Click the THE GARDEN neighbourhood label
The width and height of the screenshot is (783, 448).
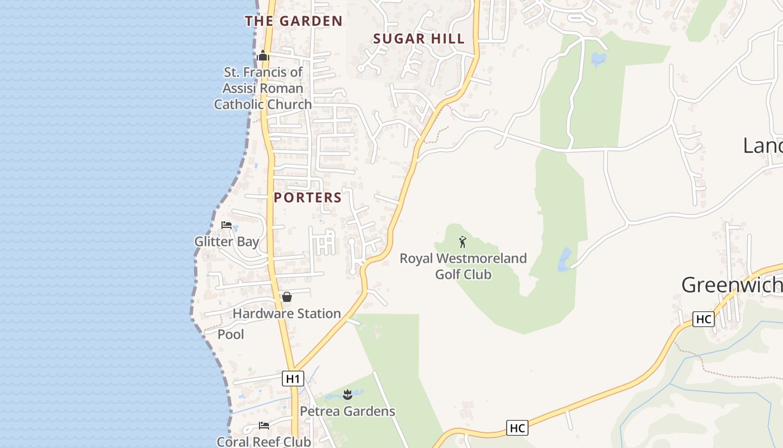pyautogui.click(x=294, y=21)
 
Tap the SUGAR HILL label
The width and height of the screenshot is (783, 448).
pyautogui.click(x=419, y=39)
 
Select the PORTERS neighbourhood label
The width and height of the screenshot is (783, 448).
pyautogui.click(x=308, y=198)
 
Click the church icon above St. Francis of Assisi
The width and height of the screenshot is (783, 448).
pyautogui.click(x=263, y=55)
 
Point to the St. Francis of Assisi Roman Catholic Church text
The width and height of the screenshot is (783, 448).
pyautogui.click(x=263, y=88)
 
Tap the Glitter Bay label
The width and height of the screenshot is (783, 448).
pyautogui.click(x=227, y=242)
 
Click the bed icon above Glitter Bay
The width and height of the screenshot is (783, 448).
pyautogui.click(x=227, y=225)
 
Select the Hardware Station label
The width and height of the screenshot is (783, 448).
pyautogui.click(x=286, y=314)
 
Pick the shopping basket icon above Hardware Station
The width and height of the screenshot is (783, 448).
pyautogui.click(x=287, y=297)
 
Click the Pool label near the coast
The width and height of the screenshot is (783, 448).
pyautogui.click(x=230, y=334)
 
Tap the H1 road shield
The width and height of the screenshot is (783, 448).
pyautogui.click(x=293, y=379)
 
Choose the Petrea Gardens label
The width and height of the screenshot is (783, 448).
pyautogui.click(x=347, y=411)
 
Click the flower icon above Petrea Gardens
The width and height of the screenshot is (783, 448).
pyautogui.click(x=347, y=395)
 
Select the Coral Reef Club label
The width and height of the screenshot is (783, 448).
pyautogui.click(x=263, y=441)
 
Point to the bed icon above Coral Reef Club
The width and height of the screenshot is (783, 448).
pyautogui.click(x=263, y=426)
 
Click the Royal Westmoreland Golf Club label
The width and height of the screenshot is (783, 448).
pyautogui.click(x=463, y=267)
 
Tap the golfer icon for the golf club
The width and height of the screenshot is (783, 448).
pyautogui.click(x=463, y=242)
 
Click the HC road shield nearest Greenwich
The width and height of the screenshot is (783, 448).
pyautogui.click(x=703, y=319)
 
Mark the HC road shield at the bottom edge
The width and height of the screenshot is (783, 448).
pyautogui.click(x=517, y=428)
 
